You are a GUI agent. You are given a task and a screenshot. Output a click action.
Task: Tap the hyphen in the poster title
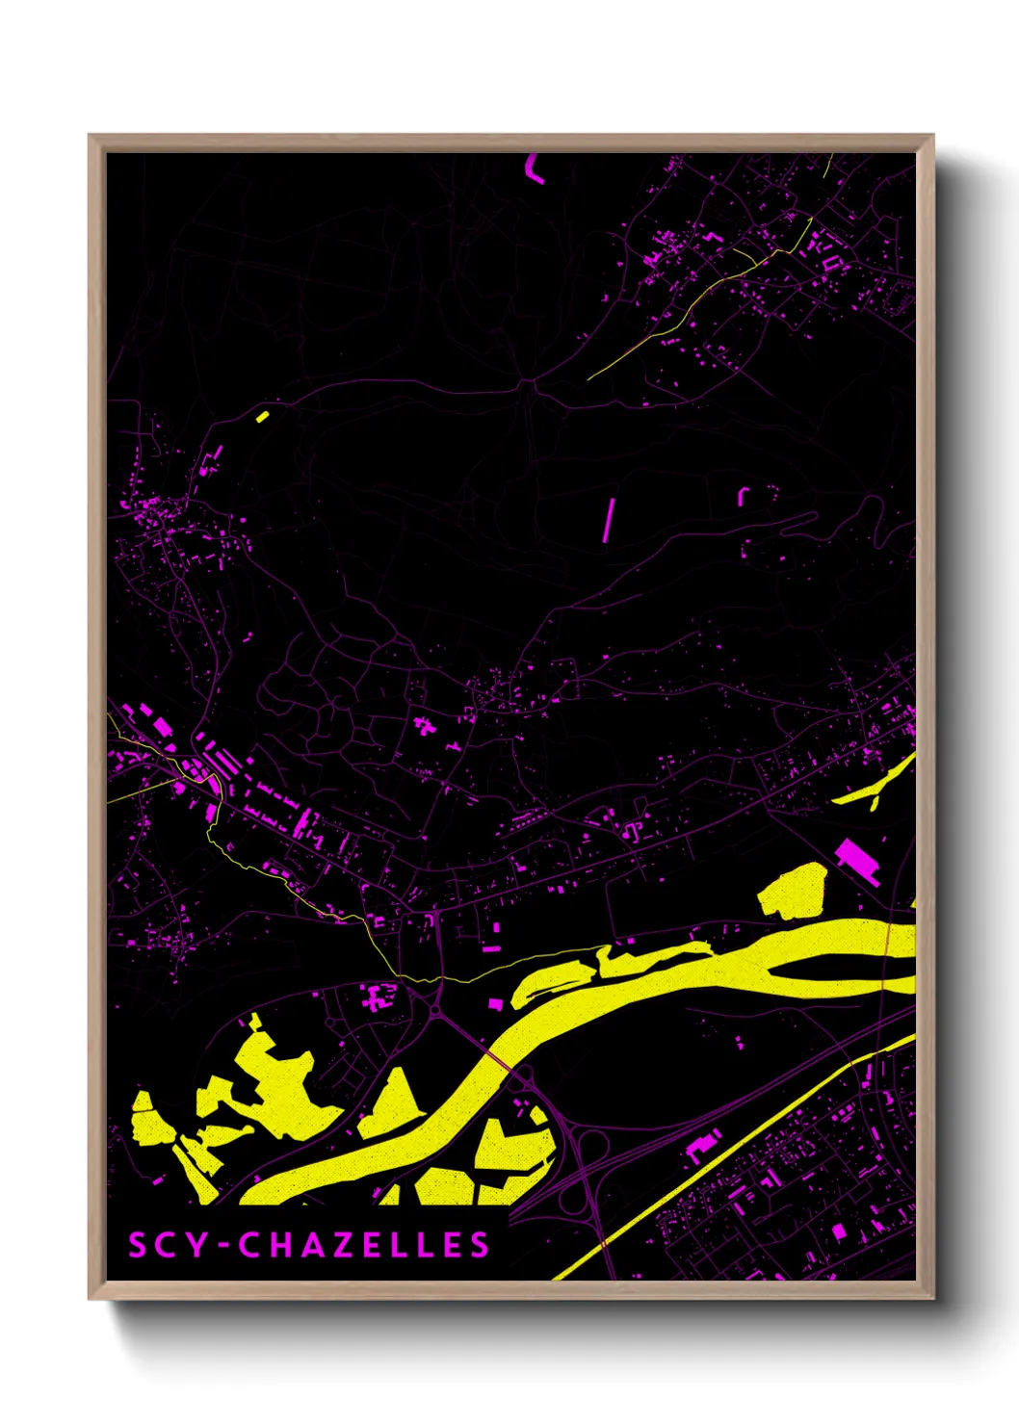(222, 1246)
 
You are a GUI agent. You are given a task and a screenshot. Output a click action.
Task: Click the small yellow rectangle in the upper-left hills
(262, 416)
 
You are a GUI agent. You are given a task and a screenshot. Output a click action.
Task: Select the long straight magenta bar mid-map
(609, 520)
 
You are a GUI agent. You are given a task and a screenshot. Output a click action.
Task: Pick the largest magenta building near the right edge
(856, 860)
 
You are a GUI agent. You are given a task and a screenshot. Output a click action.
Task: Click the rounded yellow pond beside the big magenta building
(794, 891)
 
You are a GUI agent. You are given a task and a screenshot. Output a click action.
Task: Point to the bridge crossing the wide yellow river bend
(497, 1058)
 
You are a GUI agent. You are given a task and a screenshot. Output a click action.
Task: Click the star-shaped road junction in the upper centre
(527, 383)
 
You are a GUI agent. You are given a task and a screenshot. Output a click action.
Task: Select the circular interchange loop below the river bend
(589, 1146)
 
